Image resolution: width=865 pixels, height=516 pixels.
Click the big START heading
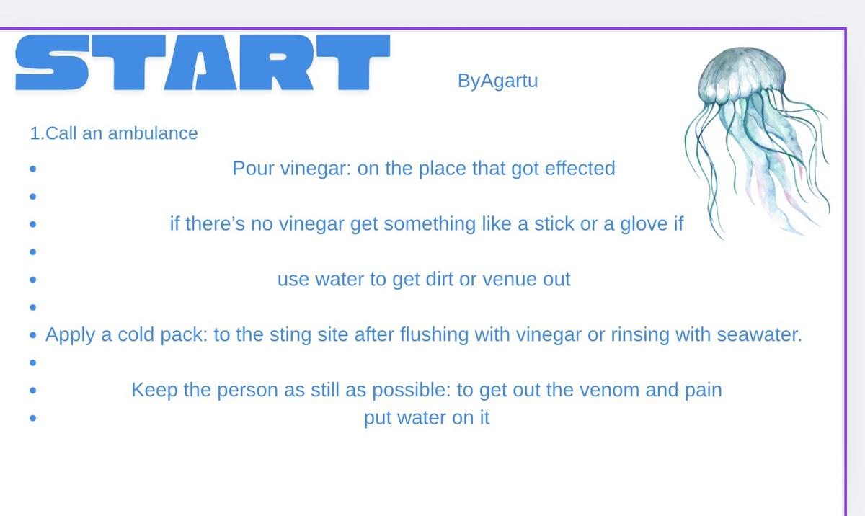pyautogui.click(x=203, y=63)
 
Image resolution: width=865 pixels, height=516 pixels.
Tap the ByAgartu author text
pyautogui.click(x=497, y=81)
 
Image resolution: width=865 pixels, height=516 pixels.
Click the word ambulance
pyautogui.click(x=153, y=133)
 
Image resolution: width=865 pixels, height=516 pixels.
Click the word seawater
pyautogui.click(x=759, y=334)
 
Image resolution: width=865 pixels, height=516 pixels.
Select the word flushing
pyautogui.click(x=434, y=334)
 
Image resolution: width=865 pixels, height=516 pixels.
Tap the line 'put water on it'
pyautogui.click(x=427, y=417)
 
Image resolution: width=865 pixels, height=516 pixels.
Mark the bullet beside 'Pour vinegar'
pyautogui.click(x=33, y=169)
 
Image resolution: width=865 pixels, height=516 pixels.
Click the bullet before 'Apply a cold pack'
pyautogui.click(x=33, y=335)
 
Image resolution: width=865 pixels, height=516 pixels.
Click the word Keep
pyautogui.click(x=154, y=390)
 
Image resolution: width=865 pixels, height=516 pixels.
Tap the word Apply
pyautogui.click(x=70, y=334)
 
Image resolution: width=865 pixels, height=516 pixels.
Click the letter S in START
pyautogui.click(x=52, y=63)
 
